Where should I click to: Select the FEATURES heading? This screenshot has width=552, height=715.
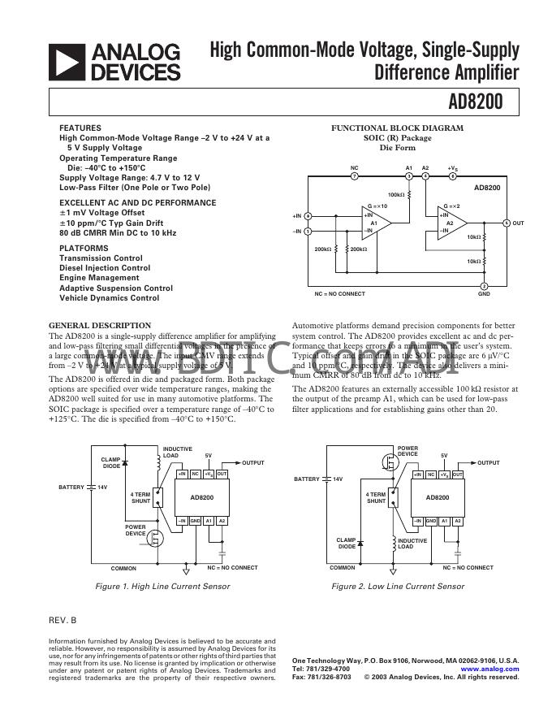80,128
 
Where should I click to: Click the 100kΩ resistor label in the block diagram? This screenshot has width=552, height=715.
396,195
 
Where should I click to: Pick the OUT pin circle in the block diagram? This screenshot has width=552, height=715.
507,223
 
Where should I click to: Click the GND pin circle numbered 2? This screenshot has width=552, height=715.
485,286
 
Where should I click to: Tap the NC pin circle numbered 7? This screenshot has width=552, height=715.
354,175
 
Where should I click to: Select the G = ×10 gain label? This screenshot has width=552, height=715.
377,206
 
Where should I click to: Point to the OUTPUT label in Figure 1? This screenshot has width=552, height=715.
253,463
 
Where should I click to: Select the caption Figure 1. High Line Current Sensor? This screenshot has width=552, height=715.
162,586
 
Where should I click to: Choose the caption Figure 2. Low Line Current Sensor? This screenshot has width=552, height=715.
398,586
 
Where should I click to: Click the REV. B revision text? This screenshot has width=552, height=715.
63,621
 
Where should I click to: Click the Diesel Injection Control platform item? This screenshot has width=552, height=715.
105,268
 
